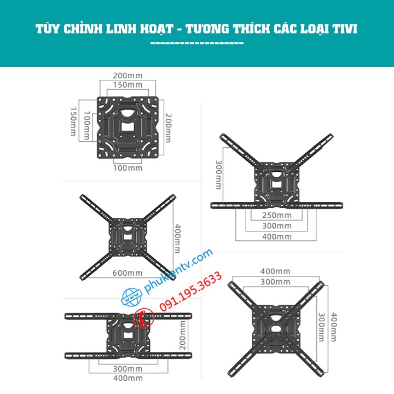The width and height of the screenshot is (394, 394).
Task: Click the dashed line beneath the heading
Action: coord(196,43)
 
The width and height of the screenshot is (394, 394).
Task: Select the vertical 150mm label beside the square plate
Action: coord(73,121)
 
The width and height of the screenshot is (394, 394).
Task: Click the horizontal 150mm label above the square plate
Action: coord(128,85)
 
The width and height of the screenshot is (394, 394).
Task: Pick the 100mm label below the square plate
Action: coord(128,167)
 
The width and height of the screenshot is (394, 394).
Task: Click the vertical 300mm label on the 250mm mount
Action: coord(218,175)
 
